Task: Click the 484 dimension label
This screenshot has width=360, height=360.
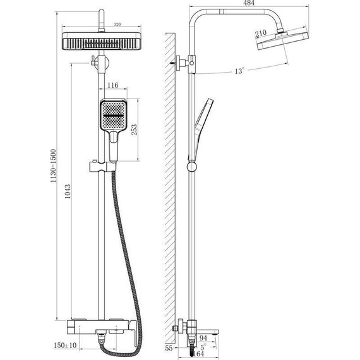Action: coord(249,3)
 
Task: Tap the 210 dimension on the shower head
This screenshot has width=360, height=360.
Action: coord(261,33)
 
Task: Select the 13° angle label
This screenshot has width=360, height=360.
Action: coord(239,71)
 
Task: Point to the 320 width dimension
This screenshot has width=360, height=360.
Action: coord(117,25)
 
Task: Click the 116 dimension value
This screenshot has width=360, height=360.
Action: coord(113,85)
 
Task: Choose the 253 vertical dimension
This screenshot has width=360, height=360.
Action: coord(134,129)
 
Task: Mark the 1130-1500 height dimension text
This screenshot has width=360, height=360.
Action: coord(53,165)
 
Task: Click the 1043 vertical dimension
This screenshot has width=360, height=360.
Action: coord(68,191)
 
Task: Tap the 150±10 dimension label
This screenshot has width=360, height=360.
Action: coord(65,345)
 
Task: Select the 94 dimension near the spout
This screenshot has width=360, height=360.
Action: coord(203,338)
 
